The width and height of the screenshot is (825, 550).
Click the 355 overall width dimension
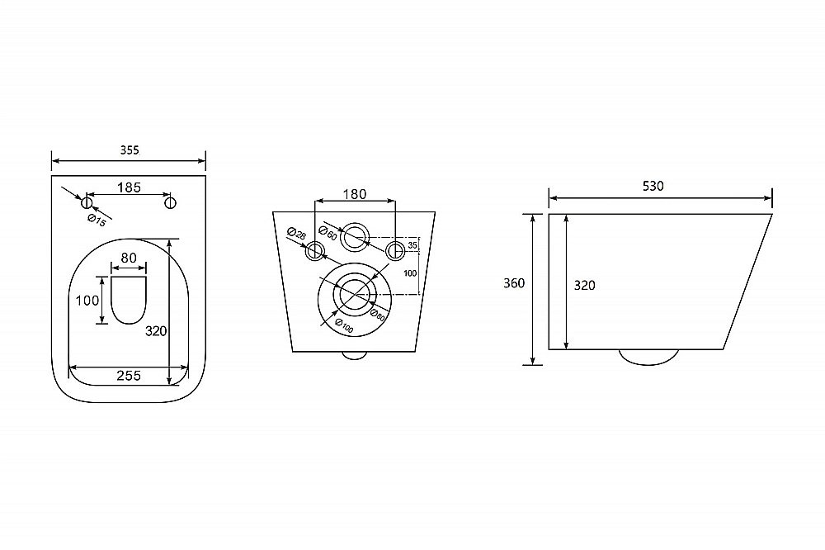point(129,150)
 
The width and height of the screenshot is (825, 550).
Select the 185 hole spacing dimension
point(129,187)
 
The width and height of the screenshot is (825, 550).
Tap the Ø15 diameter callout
point(97,220)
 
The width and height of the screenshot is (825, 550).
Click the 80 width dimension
point(129,258)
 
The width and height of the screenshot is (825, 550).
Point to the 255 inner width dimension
point(129,375)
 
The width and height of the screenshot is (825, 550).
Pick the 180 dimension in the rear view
point(355,194)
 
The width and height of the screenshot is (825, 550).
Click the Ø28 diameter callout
point(297,234)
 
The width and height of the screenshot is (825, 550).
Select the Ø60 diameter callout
point(328,234)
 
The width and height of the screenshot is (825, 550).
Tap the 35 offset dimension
point(412,245)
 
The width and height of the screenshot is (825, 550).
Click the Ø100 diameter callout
point(344,327)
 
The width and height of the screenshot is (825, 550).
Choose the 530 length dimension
point(653,186)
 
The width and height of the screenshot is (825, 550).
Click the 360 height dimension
point(514,283)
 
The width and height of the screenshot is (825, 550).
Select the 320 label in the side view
point(584,285)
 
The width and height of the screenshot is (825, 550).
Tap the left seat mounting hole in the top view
point(87,202)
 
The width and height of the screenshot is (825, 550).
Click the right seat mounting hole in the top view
point(170,202)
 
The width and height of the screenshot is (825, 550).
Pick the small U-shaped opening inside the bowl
point(129,322)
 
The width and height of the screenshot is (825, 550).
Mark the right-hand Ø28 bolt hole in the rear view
point(394,250)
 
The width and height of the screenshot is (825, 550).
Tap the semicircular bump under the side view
point(648,363)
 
